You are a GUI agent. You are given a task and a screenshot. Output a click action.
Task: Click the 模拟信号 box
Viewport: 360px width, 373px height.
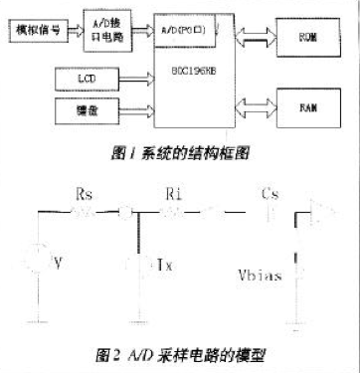click(40, 31)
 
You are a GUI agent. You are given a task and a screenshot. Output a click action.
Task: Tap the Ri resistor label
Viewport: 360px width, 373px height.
click(174, 195)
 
